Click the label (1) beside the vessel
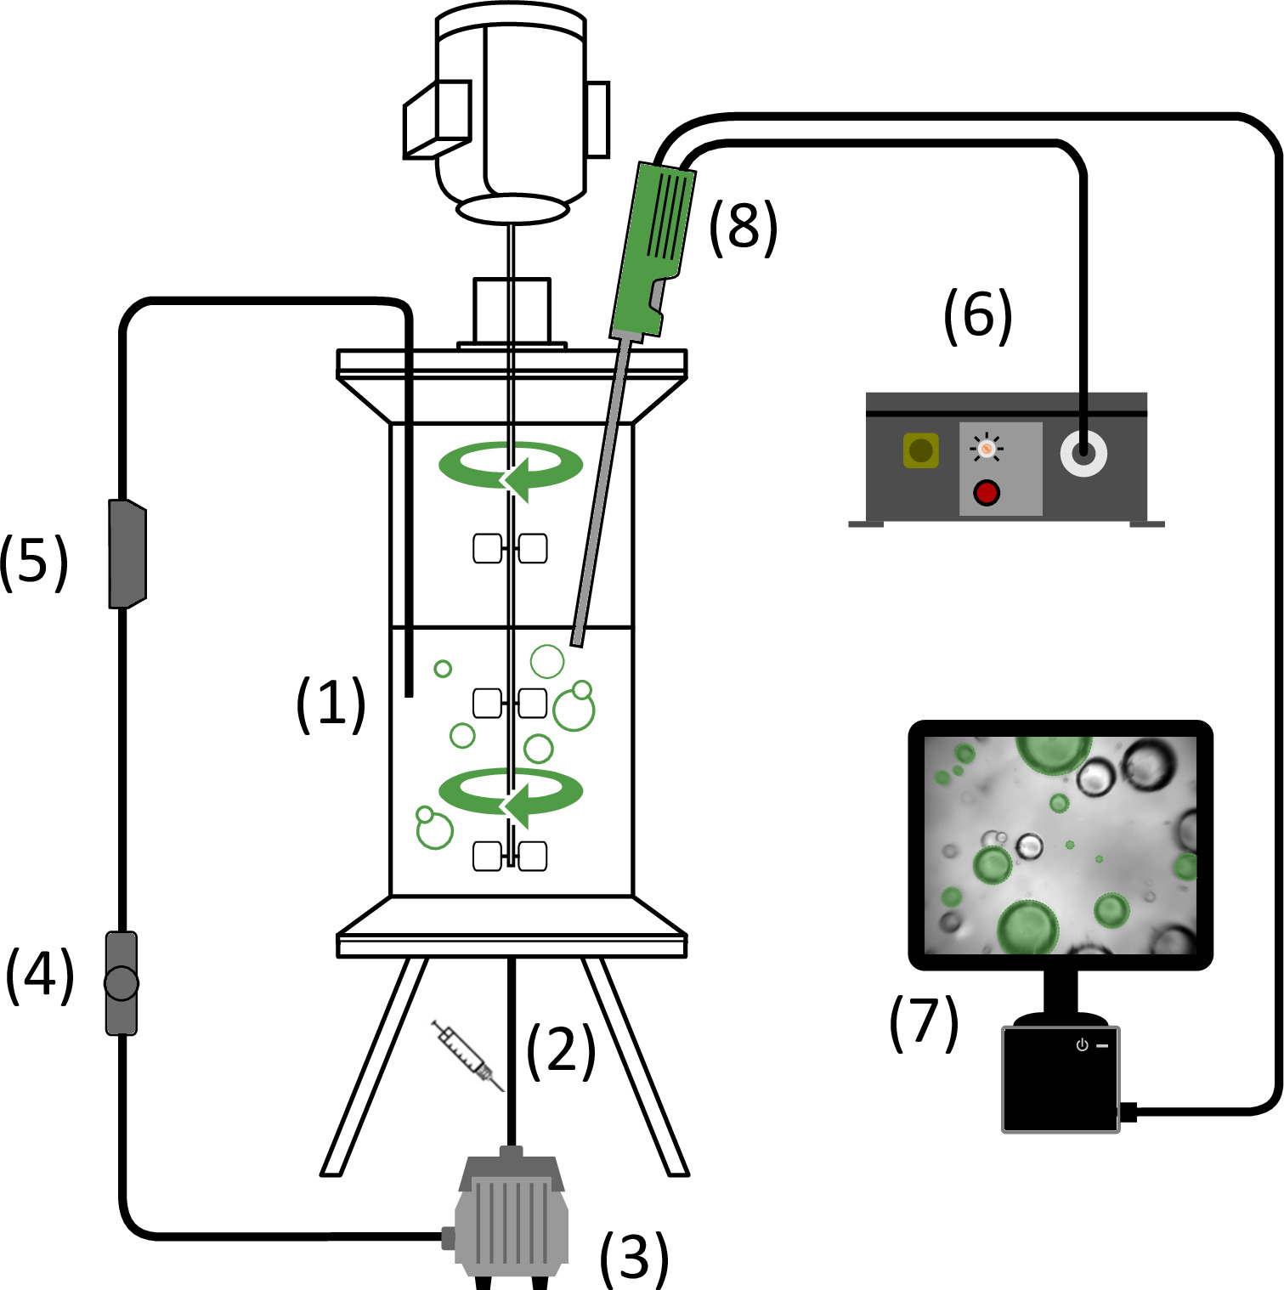pos(331,704)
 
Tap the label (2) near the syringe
pos(561,1051)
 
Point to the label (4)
pos(40,976)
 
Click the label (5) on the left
pos(34,563)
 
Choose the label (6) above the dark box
pos(978,315)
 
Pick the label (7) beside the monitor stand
pos(924,1022)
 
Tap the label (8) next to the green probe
pos(744,228)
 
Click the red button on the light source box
pos(987,493)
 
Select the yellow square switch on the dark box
pos(921,450)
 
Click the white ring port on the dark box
pos(1084,453)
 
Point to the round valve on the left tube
pos(122,983)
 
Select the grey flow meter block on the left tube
pos(127,553)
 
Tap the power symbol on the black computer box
pos(1082,1045)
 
